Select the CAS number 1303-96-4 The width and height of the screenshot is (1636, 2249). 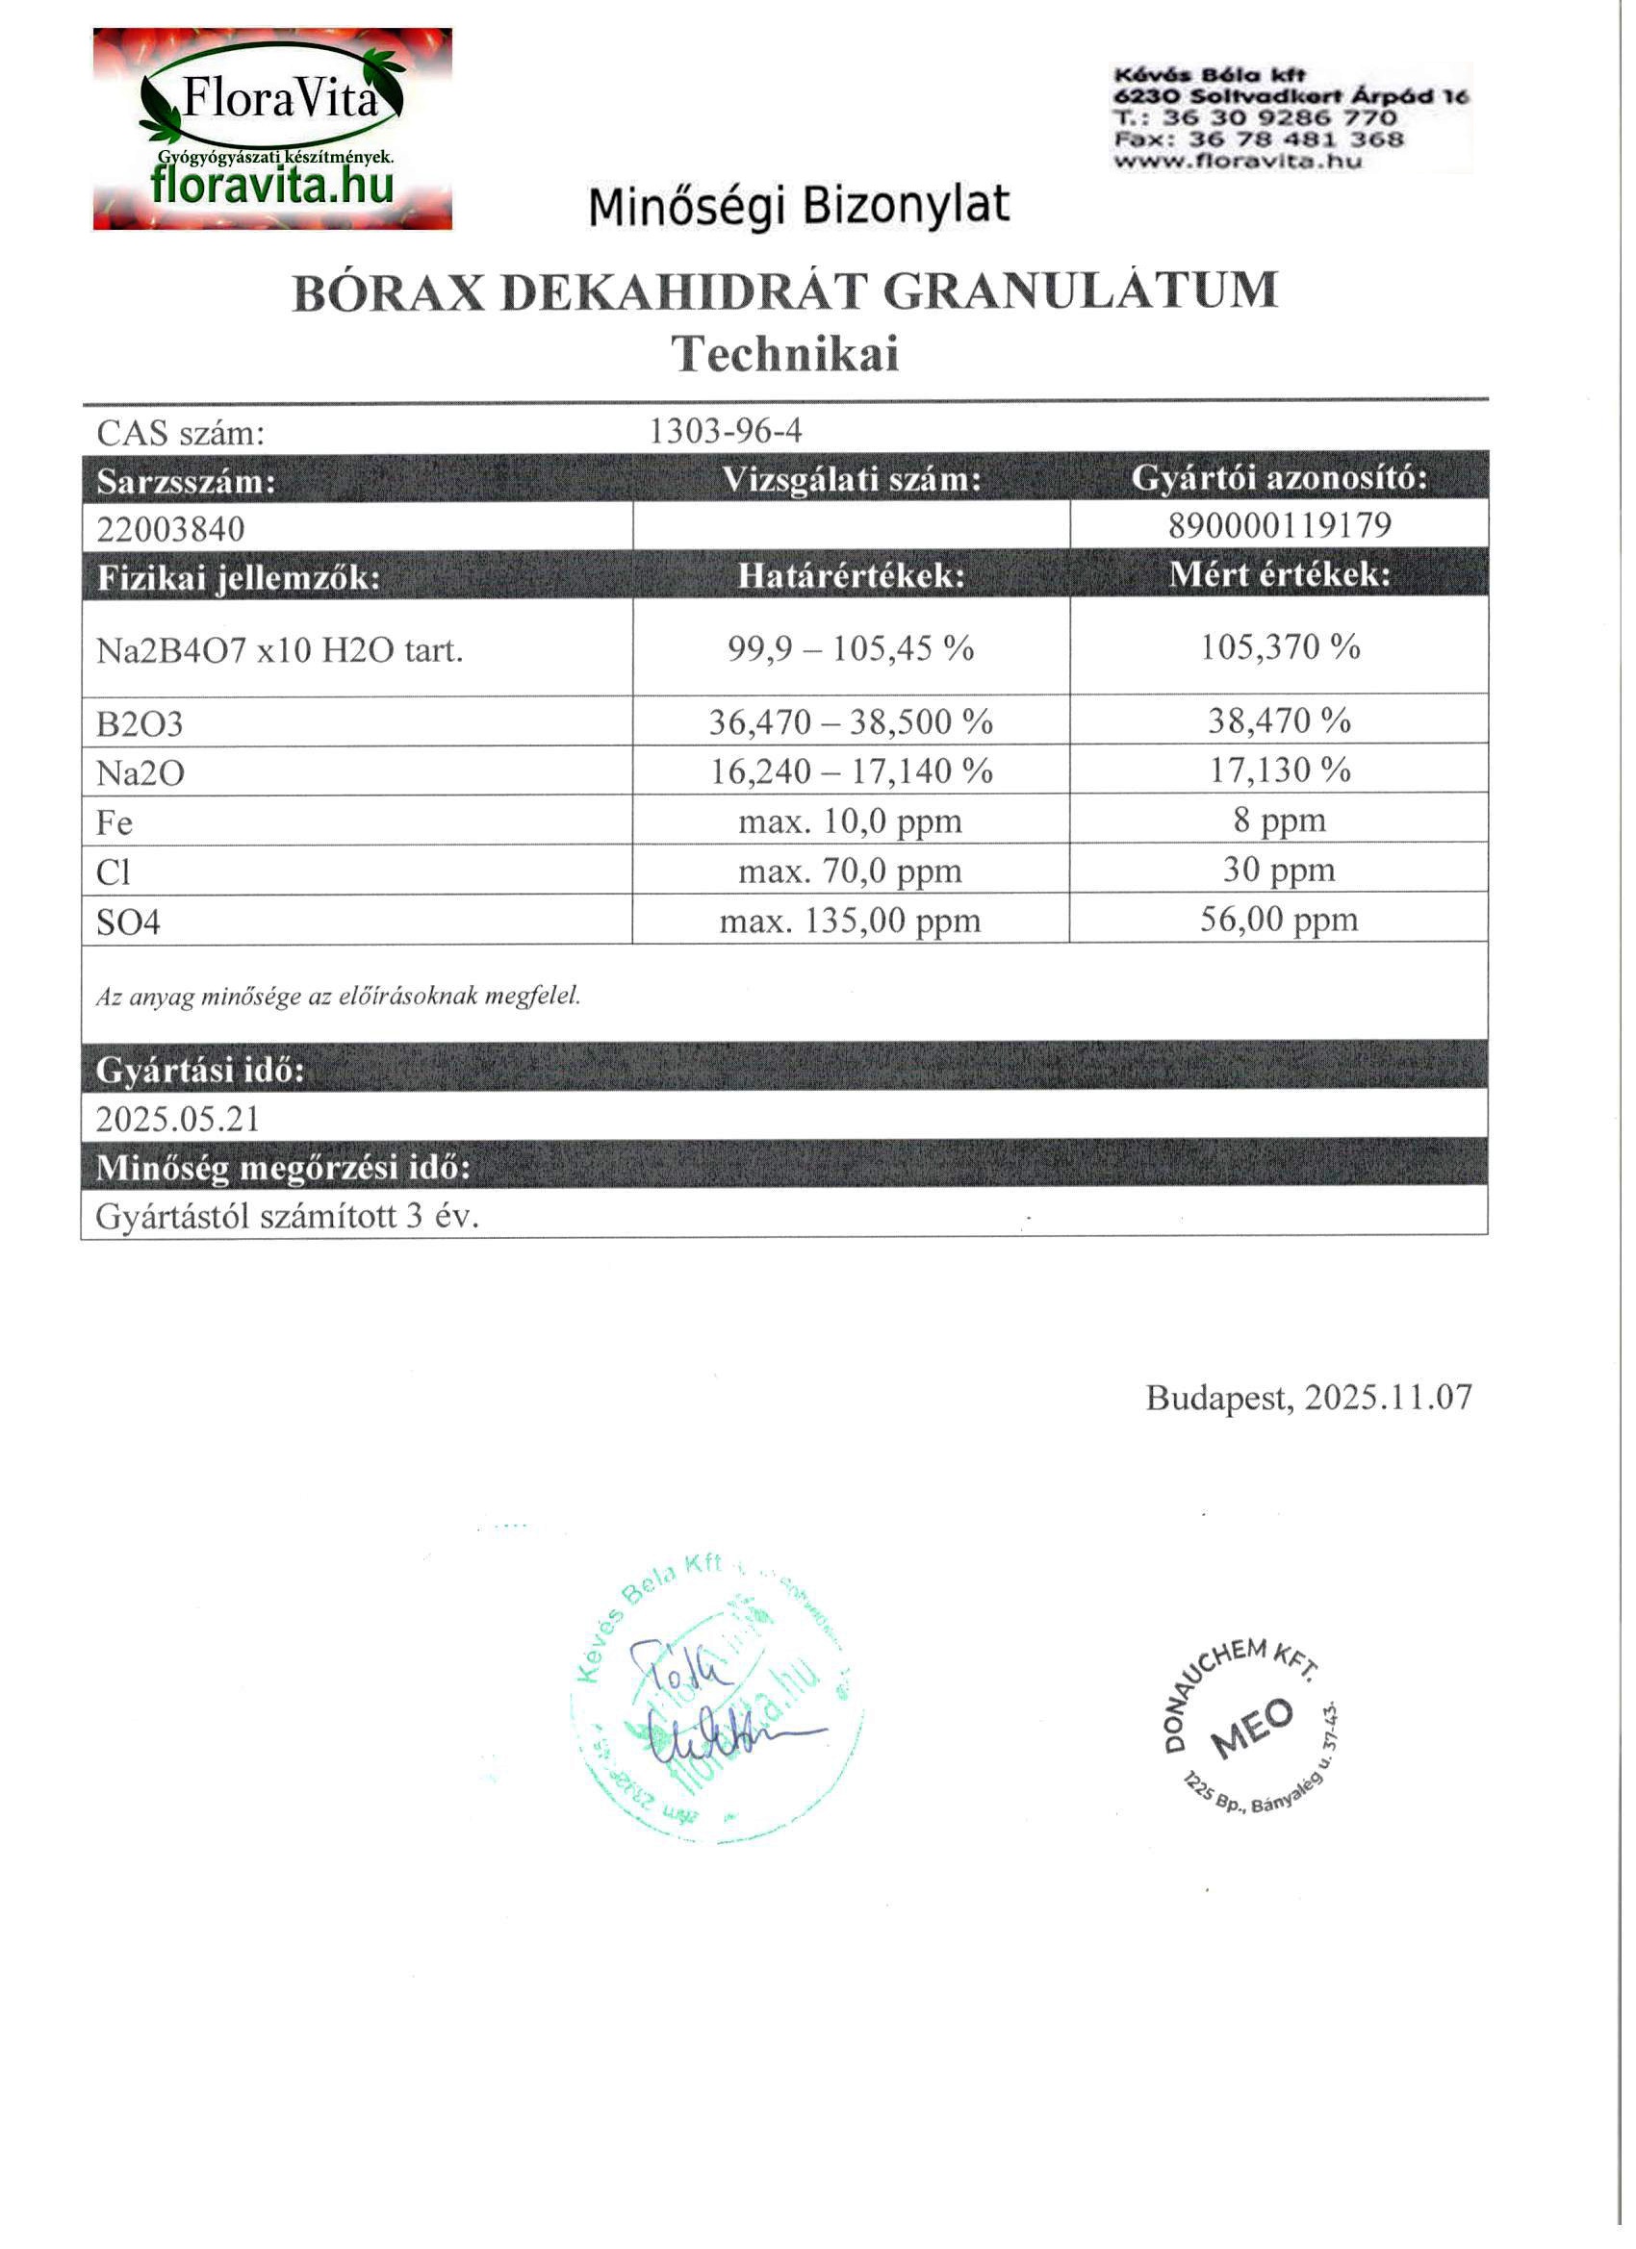pyautogui.click(x=726, y=431)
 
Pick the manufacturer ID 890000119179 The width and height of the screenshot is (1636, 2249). pyautogui.click(x=1279, y=524)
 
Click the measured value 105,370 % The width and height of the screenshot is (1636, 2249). pyautogui.click(x=1279, y=647)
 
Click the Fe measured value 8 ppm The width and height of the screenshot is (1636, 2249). pyautogui.click(x=1279, y=821)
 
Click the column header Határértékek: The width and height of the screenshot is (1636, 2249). pyautogui.click(x=851, y=576)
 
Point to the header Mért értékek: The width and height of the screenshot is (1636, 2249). pyautogui.click(x=1279, y=575)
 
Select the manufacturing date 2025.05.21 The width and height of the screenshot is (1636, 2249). pyautogui.click(x=178, y=1120)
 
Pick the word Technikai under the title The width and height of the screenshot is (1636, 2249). pyautogui.click(x=784, y=354)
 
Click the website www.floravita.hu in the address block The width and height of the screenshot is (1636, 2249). pyautogui.click(x=1238, y=162)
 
